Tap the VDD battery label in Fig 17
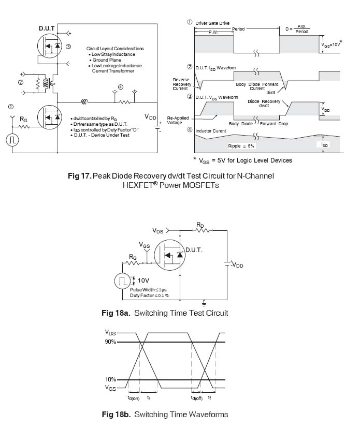click(x=150, y=117)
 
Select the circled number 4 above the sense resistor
click(x=121, y=87)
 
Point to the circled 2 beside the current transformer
click(x=21, y=82)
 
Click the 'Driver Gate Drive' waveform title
click(x=212, y=23)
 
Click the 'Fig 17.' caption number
click(x=80, y=176)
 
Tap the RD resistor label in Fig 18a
click(x=200, y=225)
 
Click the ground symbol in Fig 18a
click(x=205, y=302)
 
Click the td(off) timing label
click(x=196, y=399)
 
